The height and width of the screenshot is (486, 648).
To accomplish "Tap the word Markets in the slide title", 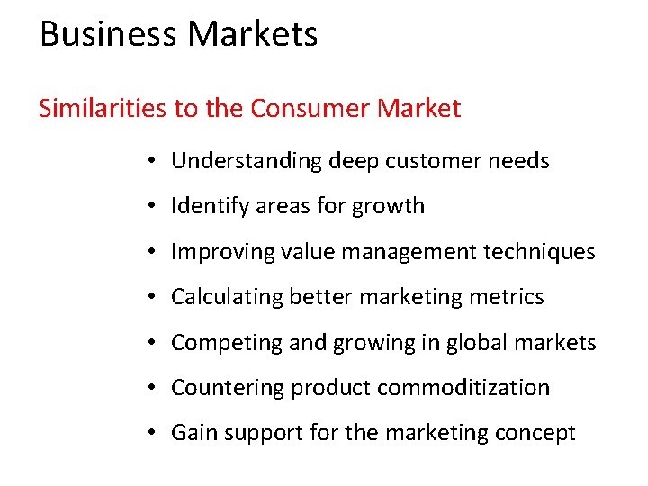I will pyautogui.click(x=253, y=34).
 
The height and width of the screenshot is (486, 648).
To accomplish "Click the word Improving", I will pyautogui.click(x=212, y=252).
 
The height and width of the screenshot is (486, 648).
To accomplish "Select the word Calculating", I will pyautogui.click(x=228, y=297).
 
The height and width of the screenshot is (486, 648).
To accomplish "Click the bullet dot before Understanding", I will pyautogui.click(x=156, y=161).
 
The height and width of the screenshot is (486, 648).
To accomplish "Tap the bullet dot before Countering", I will pyautogui.click(x=156, y=388).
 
